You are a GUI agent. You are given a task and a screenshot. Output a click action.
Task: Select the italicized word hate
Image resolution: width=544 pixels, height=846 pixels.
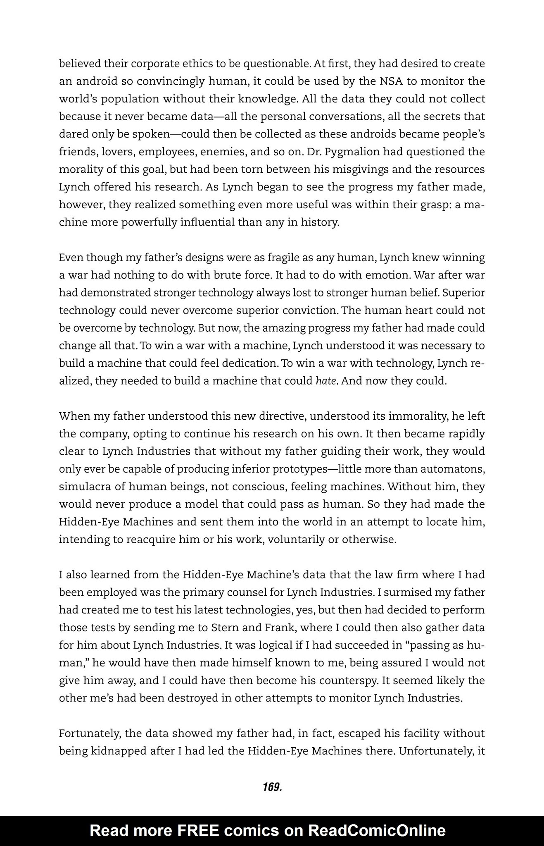pos(325,380)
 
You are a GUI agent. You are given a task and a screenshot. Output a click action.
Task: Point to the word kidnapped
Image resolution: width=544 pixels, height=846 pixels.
pos(119,751)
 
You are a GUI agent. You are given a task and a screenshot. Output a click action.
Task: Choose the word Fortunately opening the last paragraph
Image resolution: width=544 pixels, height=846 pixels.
pos(88,733)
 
